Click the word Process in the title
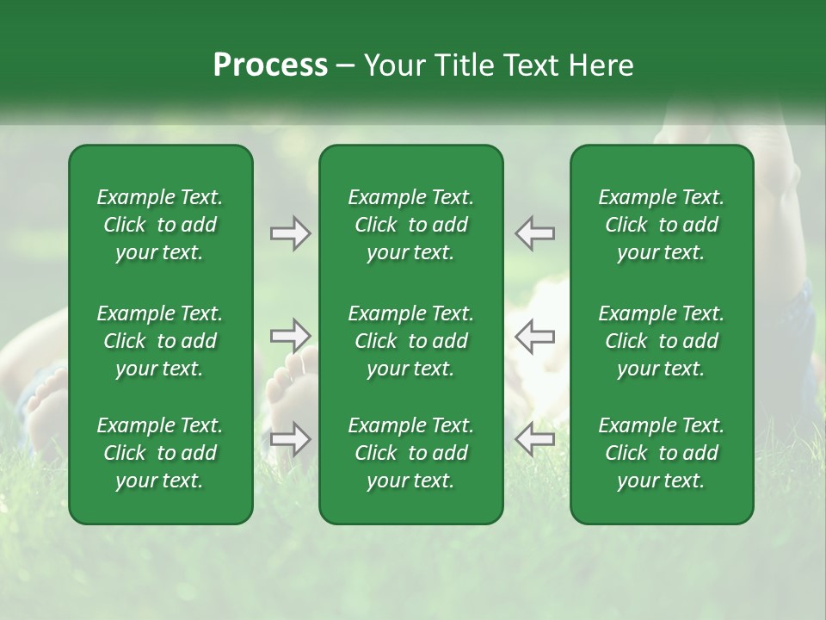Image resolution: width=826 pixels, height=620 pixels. (x=270, y=65)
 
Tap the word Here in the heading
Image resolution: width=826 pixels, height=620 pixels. (x=601, y=65)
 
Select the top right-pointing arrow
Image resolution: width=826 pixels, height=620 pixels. (x=290, y=232)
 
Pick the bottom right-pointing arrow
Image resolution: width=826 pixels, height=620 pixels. (x=290, y=438)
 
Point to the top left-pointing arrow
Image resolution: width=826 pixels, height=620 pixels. (x=535, y=232)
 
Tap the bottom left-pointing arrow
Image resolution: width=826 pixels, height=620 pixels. (x=535, y=438)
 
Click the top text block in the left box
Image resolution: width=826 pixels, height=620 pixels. (x=160, y=225)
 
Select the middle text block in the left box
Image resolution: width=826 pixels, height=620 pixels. (x=160, y=341)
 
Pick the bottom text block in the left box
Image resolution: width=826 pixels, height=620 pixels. (x=160, y=453)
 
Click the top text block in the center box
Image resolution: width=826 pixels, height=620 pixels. (x=411, y=225)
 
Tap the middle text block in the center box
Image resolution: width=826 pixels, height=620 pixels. (x=411, y=341)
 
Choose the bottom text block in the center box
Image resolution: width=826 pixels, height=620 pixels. (x=411, y=453)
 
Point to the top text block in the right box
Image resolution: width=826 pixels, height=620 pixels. (x=662, y=225)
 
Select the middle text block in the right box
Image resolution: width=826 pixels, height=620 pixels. (x=662, y=341)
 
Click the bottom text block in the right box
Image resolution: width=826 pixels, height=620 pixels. (x=662, y=453)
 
